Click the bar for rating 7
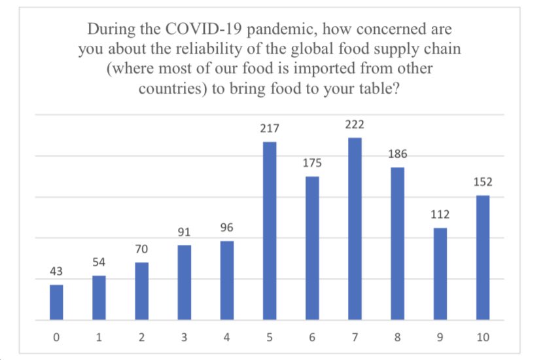pyautogui.click(x=355, y=229)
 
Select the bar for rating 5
pyautogui.click(x=270, y=231)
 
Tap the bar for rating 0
pyautogui.click(x=57, y=302)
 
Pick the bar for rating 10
pyautogui.click(x=482, y=258)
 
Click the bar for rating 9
pyautogui.click(x=440, y=274)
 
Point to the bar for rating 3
pyautogui.click(x=185, y=283)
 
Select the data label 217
pyautogui.click(x=270, y=130)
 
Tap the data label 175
pyautogui.click(x=312, y=164)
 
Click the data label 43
pyautogui.click(x=57, y=272)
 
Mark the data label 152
pyautogui.click(x=482, y=183)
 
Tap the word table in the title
pyautogui.click(x=368, y=89)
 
